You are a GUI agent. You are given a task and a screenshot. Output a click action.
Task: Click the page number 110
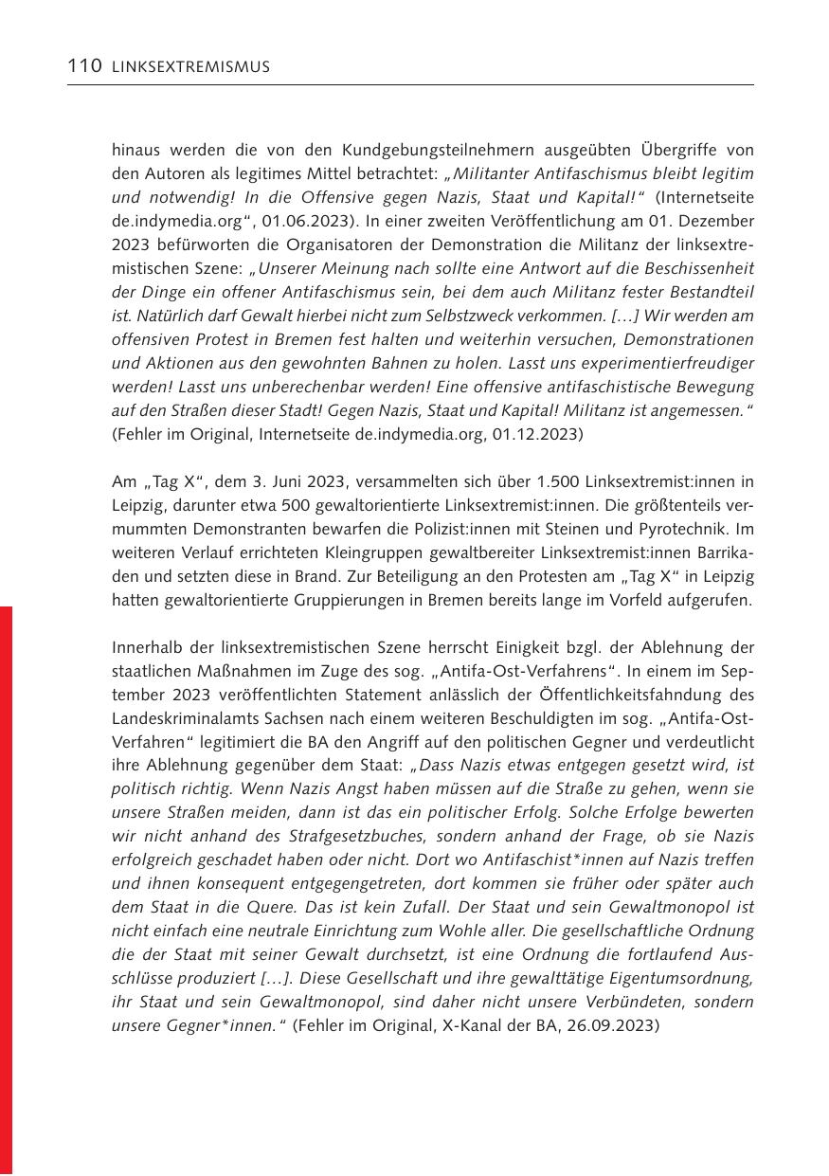coord(85,66)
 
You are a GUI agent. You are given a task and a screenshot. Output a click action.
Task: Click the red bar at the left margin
coord(7,890)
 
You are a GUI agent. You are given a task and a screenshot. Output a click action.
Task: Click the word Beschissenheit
coord(696,268)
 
